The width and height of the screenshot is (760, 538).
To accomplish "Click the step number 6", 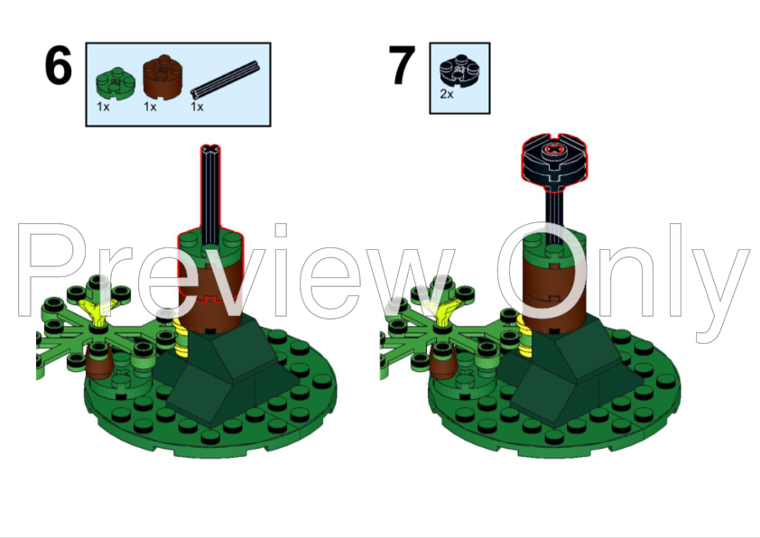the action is click(x=58, y=65).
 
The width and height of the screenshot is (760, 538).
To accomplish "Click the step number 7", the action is click(x=402, y=65).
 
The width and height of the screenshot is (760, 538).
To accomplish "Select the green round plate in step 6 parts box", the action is click(x=116, y=82).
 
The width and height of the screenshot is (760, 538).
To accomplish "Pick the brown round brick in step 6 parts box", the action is click(x=162, y=77).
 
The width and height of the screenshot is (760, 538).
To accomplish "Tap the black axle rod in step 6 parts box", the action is click(x=225, y=80).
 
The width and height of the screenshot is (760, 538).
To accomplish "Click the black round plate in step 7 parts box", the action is click(x=459, y=70).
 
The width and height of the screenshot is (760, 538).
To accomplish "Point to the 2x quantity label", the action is click(x=447, y=94).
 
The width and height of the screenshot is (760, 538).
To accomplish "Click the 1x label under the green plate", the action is click(x=103, y=107).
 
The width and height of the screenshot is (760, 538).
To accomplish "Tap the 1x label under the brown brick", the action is click(x=150, y=107).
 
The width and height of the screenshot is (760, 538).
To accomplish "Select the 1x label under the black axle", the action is click(x=197, y=107).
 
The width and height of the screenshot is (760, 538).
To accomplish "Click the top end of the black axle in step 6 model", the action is click(x=210, y=147).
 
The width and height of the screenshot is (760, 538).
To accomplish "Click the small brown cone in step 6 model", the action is click(x=99, y=362).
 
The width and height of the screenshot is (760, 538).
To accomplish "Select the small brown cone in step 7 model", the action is click(x=443, y=362).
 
